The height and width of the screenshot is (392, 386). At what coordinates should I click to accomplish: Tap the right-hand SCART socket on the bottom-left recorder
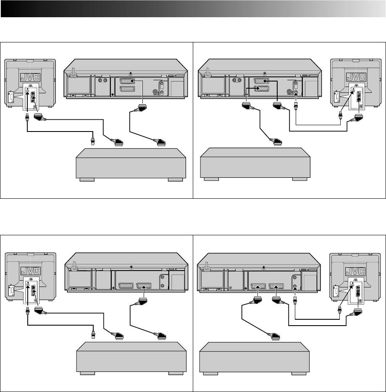(x=144, y=285)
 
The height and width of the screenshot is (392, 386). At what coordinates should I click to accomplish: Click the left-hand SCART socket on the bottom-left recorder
(x=126, y=285)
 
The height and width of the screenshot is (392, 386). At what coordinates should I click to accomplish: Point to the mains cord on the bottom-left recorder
(x=73, y=267)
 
